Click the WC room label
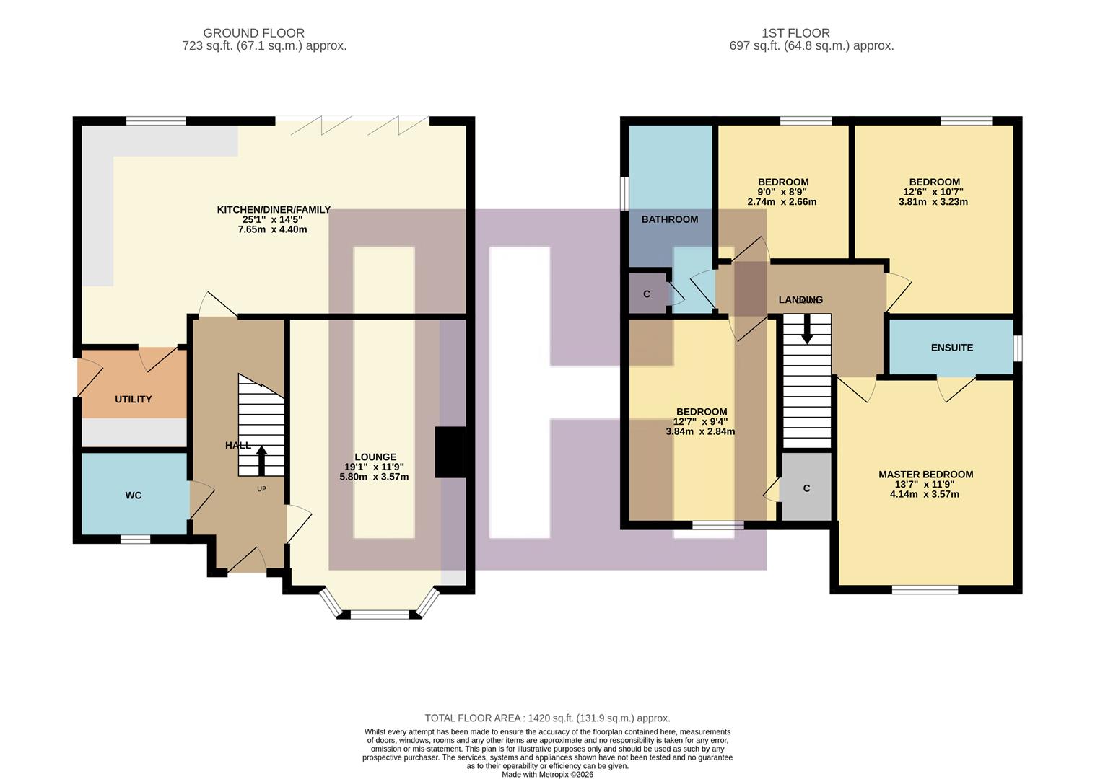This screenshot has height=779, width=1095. pos(134,496)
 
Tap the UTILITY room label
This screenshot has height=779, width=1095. pos(134,399)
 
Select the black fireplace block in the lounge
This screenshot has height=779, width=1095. pos(450,452)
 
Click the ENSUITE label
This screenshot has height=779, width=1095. pos(951,348)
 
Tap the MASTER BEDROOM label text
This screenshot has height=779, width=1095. pos(925,475)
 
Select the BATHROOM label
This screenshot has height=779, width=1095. pos(669,219)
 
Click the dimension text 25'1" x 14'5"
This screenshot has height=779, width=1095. pos(273,220)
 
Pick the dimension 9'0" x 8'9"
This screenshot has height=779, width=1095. pos(783,192)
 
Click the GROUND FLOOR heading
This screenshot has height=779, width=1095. pos(253,33)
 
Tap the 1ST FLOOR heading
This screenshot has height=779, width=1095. pos(795,33)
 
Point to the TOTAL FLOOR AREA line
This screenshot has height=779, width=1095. pos(547,718)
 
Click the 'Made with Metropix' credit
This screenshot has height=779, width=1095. pos(547,775)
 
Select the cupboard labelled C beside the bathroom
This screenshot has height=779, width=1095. pos(647,294)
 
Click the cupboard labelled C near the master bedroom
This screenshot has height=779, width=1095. pos(806,488)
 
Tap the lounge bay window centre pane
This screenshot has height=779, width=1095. pos(380,615)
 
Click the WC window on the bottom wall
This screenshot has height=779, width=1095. pos(135,539)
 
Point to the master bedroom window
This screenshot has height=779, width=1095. pos(925,590)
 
